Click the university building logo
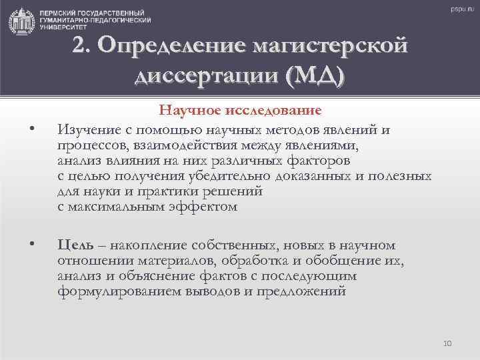pos(21,21)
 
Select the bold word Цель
pos(73,245)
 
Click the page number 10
pos(447,343)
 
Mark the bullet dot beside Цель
pos(32,245)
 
